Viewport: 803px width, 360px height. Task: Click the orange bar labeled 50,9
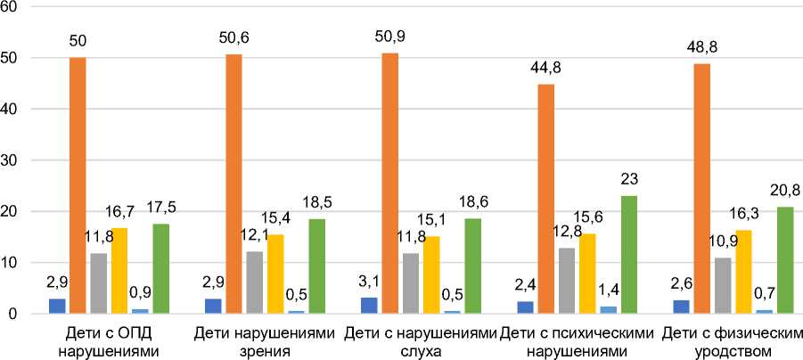tap(390, 184)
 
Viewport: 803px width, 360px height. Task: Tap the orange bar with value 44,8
tap(546, 199)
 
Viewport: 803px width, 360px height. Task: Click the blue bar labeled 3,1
tap(369, 306)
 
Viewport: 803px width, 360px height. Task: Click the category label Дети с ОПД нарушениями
tap(108, 343)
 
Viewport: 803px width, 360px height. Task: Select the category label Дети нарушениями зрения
tap(265, 343)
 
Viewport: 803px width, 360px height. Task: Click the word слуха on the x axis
tap(420, 352)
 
